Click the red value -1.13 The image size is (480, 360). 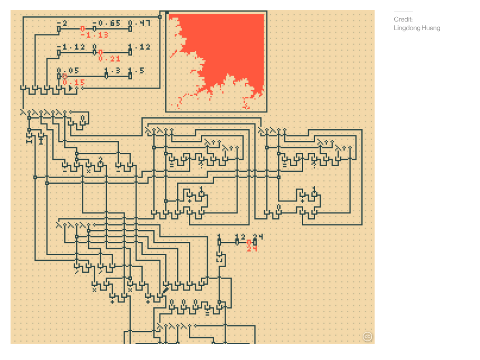click(94, 35)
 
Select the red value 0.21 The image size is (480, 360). click(109, 59)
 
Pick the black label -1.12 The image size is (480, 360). click(70, 47)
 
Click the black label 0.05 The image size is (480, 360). click(68, 71)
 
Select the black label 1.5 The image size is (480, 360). click(136, 71)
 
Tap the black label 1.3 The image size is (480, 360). click(113, 71)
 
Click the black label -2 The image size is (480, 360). click(62, 23)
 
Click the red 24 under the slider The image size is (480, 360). click(252, 248)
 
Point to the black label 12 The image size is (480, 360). click(240, 237)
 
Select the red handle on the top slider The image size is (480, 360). click(82, 29)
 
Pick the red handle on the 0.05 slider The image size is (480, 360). click(64, 76)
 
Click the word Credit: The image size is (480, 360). click(403, 20)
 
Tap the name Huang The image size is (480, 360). click(430, 28)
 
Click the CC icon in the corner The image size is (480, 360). click(367, 337)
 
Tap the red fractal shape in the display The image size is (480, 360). click(230, 48)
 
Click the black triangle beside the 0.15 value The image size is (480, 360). click(70, 89)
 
